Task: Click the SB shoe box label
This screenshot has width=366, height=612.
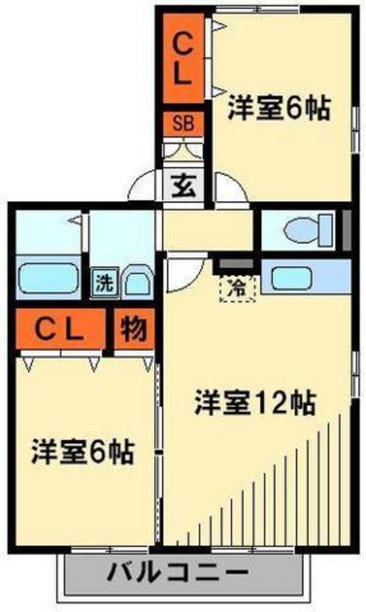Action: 183,124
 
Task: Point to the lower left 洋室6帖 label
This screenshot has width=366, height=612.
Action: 83,452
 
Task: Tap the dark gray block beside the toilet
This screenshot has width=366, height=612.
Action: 345,229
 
